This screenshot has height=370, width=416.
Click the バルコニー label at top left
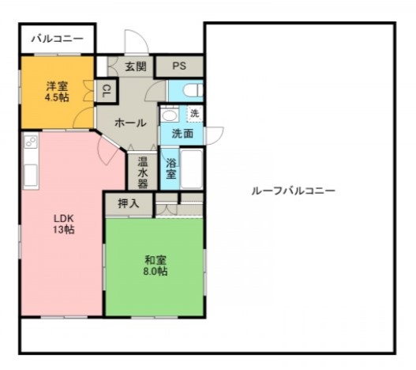(57, 39)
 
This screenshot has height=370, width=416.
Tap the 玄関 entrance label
(135, 66)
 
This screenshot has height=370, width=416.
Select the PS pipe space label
(180, 66)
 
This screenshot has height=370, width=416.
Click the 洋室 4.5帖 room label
(56, 91)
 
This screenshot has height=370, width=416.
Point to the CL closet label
(105, 92)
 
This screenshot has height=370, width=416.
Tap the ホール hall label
(129, 123)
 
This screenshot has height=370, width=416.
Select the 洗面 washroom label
(182, 134)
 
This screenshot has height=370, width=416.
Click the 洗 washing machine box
(194, 114)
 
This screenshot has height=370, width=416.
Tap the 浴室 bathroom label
(171, 170)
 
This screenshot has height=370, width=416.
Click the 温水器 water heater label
(143, 172)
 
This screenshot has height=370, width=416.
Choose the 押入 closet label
(128, 203)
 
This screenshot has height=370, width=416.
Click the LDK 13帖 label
(63, 223)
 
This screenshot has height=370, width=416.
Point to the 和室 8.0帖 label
(156, 265)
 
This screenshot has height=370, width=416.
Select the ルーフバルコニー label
(293, 191)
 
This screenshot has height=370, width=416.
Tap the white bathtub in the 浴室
(193, 168)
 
